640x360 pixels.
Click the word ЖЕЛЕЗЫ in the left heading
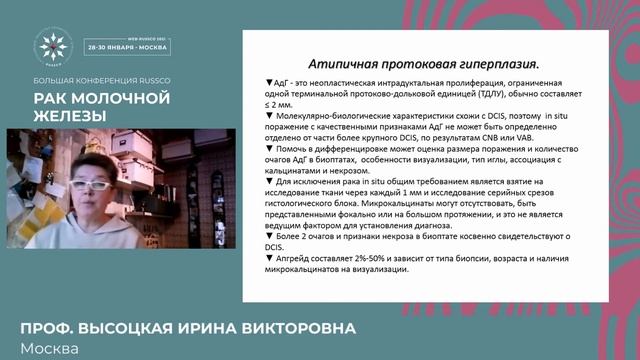[x=69, y=116]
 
